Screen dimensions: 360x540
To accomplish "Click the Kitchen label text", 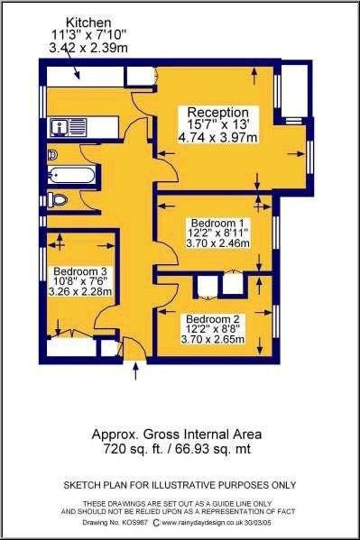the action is pyautogui.click(x=88, y=23).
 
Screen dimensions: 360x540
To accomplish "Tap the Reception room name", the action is pyautogui.click(x=218, y=113).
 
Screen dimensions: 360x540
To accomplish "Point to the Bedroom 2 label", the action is pyautogui.click(x=213, y=318).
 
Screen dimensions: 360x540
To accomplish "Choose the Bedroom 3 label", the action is pyautogui.click(x=80, y=270).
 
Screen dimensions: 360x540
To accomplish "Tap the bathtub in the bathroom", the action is pyautogui.click(x=71, y=175).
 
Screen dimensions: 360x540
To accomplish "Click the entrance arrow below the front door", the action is pyautogui.click(x=135, y=371).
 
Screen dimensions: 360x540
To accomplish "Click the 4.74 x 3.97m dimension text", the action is pyautogui.click(x=218, y=138).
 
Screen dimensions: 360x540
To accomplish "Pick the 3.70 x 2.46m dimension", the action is pyautogui.click(x=217, y=243).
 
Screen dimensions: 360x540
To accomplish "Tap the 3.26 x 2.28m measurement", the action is pyautogui.click(x=80, y=292).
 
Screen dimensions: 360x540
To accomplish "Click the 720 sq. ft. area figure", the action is pyautogui.click(x=133, y=449).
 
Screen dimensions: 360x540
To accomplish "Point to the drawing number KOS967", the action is pyautogui.click(x=136, y=523).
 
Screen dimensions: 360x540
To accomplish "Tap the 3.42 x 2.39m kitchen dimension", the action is pyautogui.click(x=88, y=48).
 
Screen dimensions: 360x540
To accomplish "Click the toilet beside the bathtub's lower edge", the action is pyautogui.click(x=57, y=200).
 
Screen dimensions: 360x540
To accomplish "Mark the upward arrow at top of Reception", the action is pyautogui.click(x=254, y=76).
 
